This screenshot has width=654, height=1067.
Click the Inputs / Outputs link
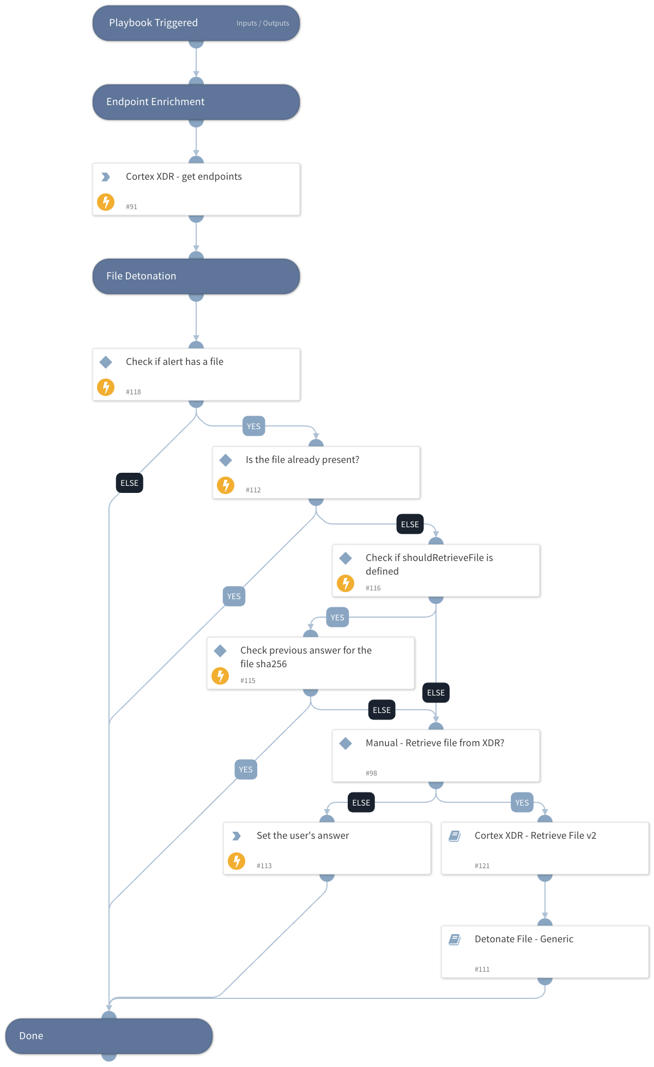(263, 23)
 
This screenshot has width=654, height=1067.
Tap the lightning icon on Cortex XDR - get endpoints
(106, 202)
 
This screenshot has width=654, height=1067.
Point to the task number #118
(134, 392)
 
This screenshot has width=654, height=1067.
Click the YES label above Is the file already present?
(253, 426)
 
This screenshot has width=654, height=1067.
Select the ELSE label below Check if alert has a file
(130, 483)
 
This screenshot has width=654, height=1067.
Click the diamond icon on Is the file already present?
(226, 460)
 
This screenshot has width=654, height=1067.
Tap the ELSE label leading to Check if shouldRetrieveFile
(410, 525)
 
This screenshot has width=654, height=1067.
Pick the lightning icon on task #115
(220, 676)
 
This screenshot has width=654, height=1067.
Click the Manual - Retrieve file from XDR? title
(434, 743)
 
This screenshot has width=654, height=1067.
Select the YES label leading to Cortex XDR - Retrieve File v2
(522, 803)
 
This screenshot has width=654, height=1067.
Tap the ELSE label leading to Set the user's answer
(361, 803)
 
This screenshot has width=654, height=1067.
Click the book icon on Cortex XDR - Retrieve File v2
(455, 836)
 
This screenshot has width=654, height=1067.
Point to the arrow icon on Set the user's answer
(237, 836)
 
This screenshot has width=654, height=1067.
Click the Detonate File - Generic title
(524, 939)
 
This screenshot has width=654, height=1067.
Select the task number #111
(482, 969)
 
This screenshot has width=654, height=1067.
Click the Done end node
(108, 1036)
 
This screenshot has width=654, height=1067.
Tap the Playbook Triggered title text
(153, 23)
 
